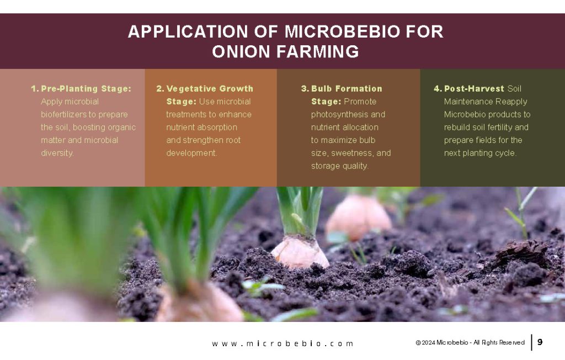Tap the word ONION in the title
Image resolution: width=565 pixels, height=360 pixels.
click(x=240, y=52)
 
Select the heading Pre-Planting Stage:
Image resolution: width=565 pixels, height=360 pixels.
click(x=86, y=88)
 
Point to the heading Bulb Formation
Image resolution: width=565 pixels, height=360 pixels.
click(x=347, y=88)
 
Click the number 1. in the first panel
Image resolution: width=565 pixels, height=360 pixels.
click(x=35, y=88)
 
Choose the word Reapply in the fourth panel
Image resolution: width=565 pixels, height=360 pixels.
click(x=511, y=102)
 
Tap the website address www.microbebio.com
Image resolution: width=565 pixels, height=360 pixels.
click(x=282, y=343)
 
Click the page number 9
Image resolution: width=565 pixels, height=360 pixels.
click(x=540, y=342)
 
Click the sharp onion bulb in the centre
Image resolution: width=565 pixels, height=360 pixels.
click(x=299, y=251)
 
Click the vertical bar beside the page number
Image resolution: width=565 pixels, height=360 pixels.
click(x=532, y=342)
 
